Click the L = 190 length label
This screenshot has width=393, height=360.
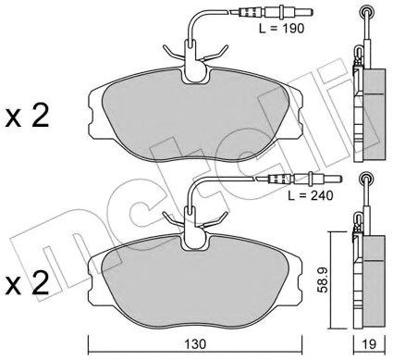click(x=281, y=29)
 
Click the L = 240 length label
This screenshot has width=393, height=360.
click(x=311, y=195)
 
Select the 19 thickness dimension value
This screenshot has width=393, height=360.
click(x=368, y=344)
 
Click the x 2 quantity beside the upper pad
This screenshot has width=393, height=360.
click(x=27, y=117)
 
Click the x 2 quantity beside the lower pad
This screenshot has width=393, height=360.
click(x=27, y=283)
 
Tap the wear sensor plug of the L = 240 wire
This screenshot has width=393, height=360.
click(x=299, y=179)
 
